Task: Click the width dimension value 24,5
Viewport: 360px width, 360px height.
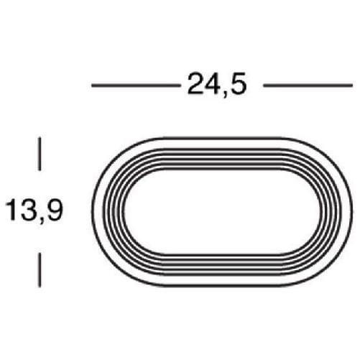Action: (217, 85)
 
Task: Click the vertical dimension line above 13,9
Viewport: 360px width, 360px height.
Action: (40, 154)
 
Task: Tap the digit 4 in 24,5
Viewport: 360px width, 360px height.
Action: (212, 84)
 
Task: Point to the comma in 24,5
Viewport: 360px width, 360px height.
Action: (226, 93)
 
